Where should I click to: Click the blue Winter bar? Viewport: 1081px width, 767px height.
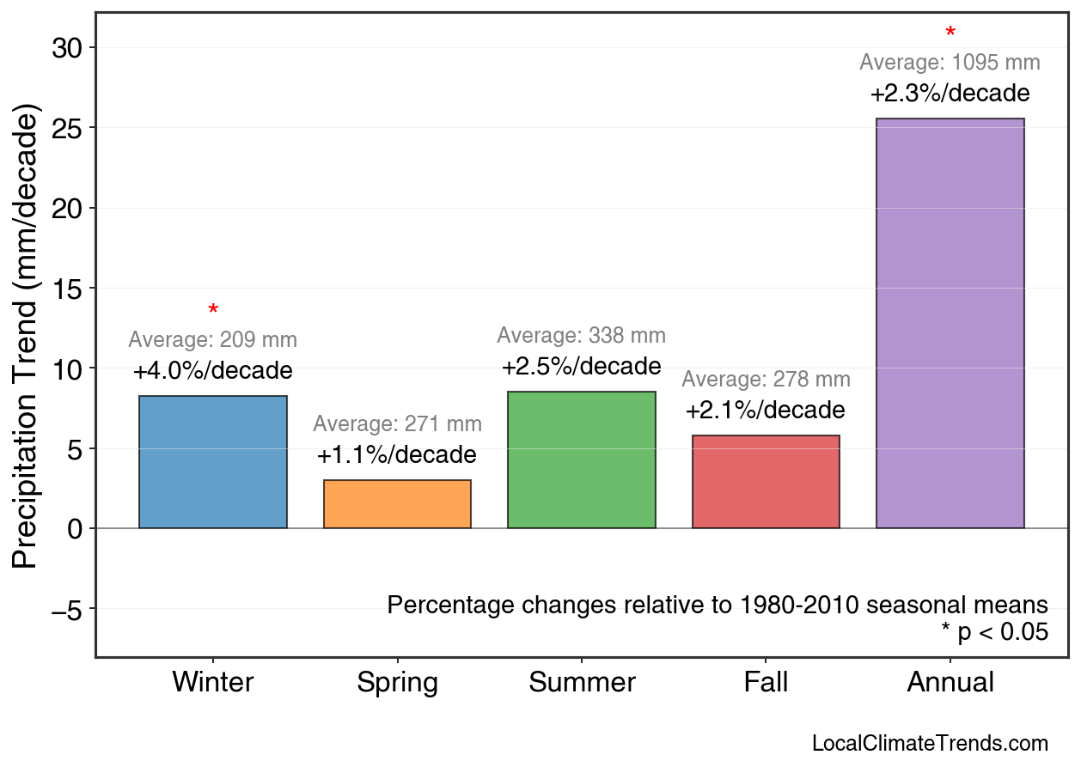point(213,462)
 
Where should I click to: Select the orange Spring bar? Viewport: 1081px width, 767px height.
point(397,504)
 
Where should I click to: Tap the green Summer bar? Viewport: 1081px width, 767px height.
point(582,460)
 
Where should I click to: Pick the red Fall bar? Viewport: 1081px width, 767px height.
point(766,482)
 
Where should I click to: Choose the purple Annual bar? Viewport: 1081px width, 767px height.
point(950,323)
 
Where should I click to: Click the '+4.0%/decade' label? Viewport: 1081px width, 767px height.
point(213,371)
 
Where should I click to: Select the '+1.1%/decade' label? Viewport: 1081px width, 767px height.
point(397,455)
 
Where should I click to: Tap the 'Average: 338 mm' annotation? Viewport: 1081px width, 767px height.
point(582,336)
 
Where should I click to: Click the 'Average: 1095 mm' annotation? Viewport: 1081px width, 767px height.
point(950,63)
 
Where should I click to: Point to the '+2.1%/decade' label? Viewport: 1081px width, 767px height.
point(766,411)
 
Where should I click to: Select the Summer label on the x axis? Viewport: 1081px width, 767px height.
point(582,683)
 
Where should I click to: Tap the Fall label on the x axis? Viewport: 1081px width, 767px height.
point(766,683)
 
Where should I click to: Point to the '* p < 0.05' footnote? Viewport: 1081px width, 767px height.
point(994,632)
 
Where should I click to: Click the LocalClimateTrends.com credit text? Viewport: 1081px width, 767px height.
point(930,744)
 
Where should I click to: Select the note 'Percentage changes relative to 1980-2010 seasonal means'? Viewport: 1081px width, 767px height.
point(718,605)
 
